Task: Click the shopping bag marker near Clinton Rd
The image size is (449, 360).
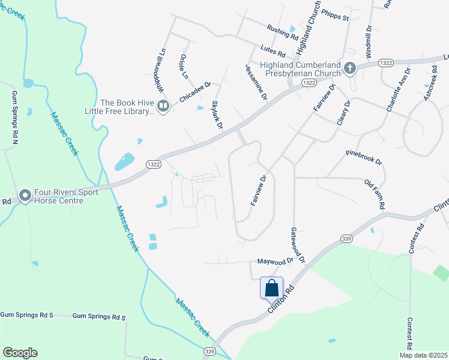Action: (271, 288)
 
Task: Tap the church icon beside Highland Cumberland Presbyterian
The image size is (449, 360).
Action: (351, 69)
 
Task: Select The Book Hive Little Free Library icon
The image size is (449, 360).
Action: (164, 106)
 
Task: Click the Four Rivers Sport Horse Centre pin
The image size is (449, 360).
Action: (25, 196)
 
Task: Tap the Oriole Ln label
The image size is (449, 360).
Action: (184, 66)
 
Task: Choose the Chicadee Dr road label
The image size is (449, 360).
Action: (195, 92)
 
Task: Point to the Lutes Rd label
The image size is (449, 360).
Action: (273, 53)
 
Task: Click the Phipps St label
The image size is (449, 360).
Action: (335, 14)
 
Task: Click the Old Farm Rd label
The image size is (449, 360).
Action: (374, 194)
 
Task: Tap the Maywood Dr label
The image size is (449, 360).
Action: (275, 261)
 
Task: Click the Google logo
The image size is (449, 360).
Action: (20, 353)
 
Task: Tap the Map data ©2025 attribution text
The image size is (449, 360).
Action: (423, 355)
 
